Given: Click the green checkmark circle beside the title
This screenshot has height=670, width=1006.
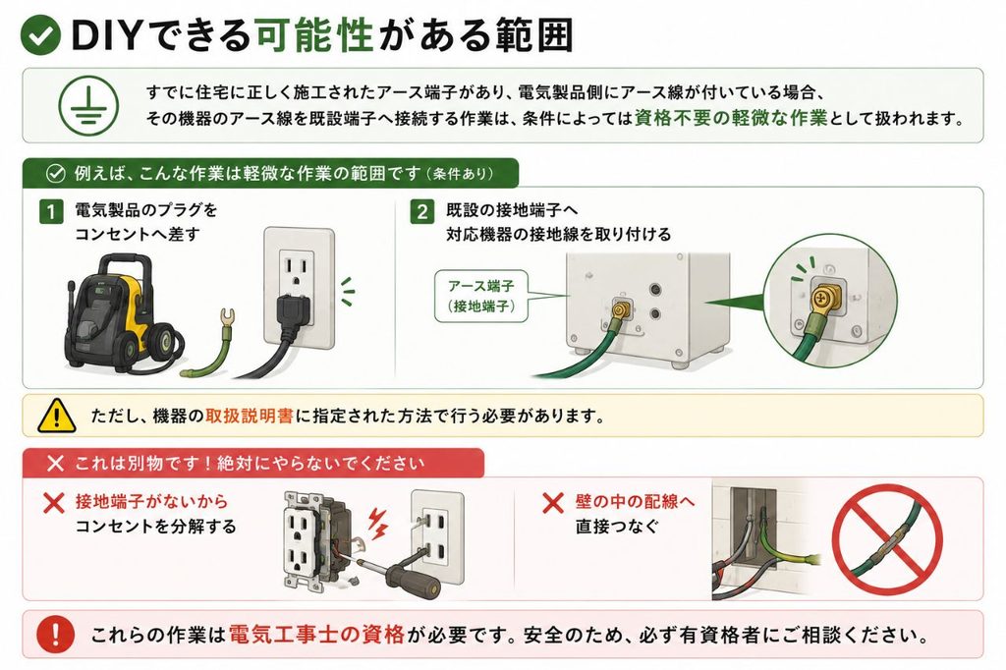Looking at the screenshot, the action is coord(40,34).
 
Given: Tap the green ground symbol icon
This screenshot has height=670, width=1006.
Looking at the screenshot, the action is coord(88,105).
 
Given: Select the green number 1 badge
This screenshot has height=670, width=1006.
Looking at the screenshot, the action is coord(51,211).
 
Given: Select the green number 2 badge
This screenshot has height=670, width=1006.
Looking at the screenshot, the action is coord(421,211).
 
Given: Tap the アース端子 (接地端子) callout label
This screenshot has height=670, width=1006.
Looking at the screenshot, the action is coord(481,296).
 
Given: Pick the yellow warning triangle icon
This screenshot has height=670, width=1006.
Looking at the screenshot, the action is coord(56,416).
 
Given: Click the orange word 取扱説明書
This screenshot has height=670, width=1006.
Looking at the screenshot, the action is coord(250,416).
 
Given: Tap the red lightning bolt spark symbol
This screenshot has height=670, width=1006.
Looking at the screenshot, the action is coord(378,523).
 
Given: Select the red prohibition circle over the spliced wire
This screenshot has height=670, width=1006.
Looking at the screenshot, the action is coord(887,539).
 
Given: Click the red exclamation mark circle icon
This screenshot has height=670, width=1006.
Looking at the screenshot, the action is coord(56,634).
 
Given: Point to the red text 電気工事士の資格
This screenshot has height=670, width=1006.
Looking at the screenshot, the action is coord(316,635).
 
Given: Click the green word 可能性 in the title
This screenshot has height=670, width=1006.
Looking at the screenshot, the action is coord(314,34).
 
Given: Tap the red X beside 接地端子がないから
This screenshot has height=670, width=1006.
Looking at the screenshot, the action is coord(55,503).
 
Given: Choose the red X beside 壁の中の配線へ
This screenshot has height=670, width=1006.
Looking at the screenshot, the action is coord(553,503).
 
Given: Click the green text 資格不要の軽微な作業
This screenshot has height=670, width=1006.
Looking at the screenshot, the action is coord(731,118).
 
